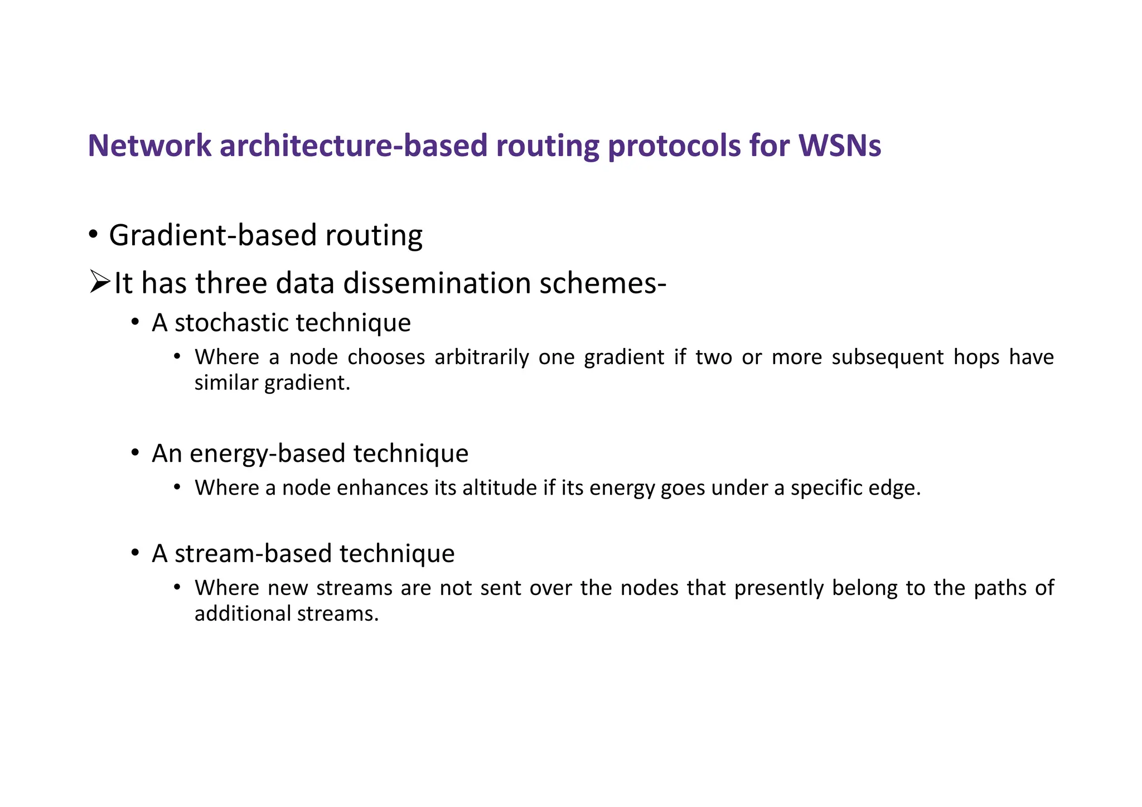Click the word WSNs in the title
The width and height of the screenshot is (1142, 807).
[x=840, y=146]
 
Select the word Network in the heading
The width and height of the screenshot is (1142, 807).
[x=149, y=146]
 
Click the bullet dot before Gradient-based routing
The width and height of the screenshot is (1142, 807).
[x=93, y=234]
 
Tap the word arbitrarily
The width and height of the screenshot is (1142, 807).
[x=481, y=357]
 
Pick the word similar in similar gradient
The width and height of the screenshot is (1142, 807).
[x=226, y=383]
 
